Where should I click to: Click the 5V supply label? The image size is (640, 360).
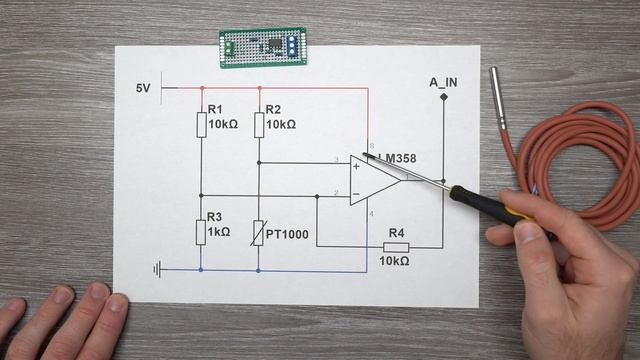coord(143,88)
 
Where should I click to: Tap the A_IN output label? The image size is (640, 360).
coord(443,82)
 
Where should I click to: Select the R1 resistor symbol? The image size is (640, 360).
coord(201,124)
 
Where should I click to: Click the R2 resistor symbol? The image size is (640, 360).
coord(259,124)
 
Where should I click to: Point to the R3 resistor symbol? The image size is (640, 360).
coord(201,231)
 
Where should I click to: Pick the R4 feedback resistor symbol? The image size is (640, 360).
coord(396,246)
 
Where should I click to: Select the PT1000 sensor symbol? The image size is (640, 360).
coord(259,232)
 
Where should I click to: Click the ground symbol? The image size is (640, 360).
coord(157,268)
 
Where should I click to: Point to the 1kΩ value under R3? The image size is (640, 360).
coord(219,232)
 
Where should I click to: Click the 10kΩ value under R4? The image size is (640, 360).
coord(394,261)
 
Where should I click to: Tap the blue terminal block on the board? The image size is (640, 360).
coord(291,44)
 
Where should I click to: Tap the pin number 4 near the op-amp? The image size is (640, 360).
coord(371,212)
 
